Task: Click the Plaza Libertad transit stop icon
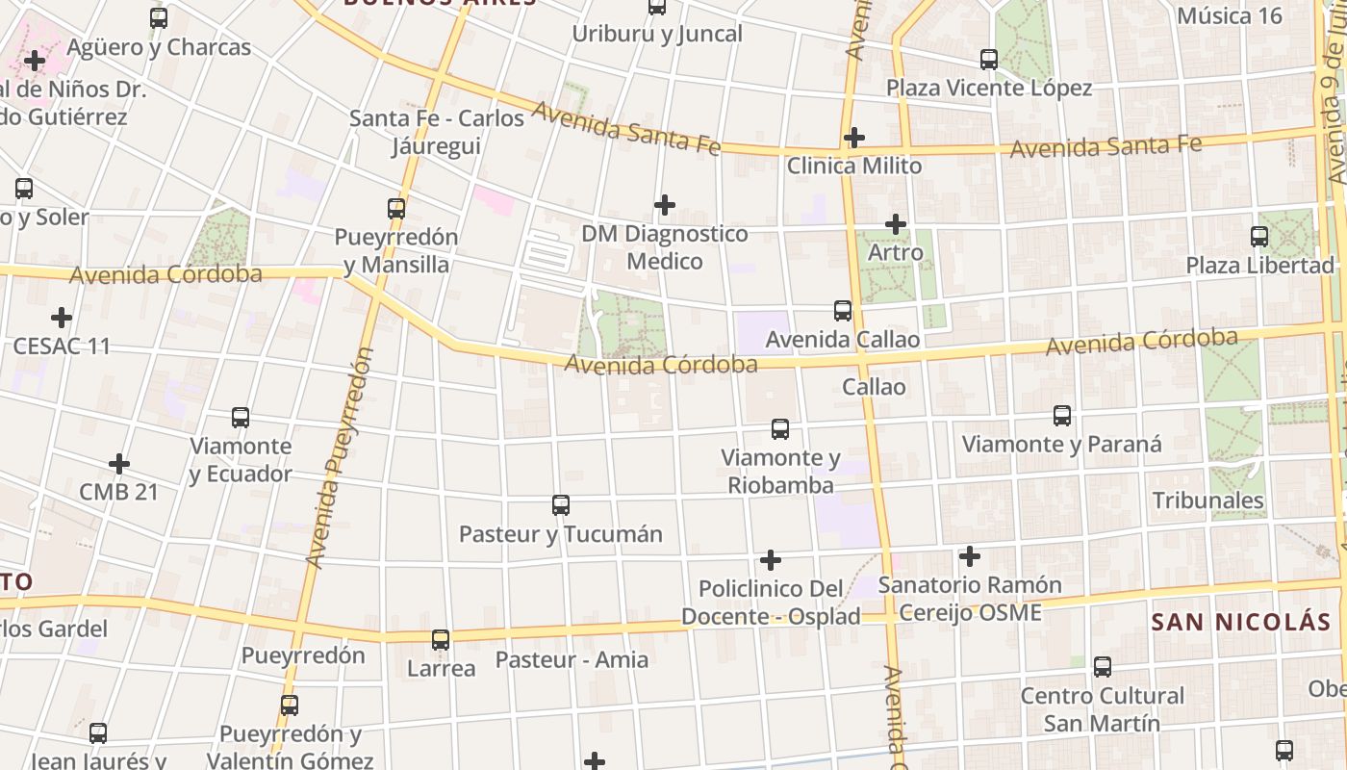pos(1258,236)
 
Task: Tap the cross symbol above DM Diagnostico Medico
pos(664,205)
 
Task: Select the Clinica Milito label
pos(854,166)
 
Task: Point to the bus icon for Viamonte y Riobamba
pos(780,429)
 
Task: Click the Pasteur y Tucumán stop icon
pos(561,504)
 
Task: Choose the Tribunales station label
pos(1208,500)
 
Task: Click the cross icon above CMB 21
pos(119,464)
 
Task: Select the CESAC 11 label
pos(62,346)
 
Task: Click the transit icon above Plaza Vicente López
pos(989,60)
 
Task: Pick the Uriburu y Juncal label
pos(657,35)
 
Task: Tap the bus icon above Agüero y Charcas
pos(159,17)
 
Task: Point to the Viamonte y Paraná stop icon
pos(1062,416)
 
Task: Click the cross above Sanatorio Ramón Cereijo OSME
pos(970,556)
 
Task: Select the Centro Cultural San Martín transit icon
pos(1103,666)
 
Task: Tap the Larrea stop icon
pos(441,639)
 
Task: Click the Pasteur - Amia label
pos(572,659)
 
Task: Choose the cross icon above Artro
pos(896,224)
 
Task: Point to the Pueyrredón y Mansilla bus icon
pos(395,208)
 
